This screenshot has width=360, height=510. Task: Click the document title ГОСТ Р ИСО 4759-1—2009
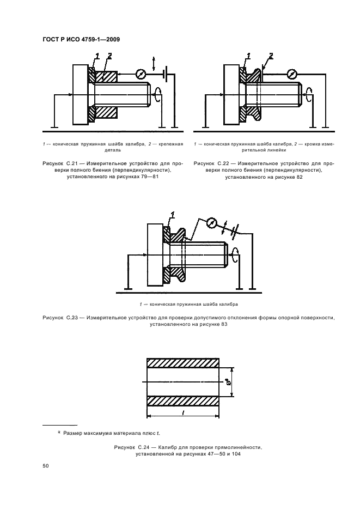81,39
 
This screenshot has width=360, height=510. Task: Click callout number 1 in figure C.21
97,55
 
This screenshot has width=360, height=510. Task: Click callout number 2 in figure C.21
109,55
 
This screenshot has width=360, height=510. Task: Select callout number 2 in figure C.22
271,55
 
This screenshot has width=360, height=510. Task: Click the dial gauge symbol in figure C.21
141,74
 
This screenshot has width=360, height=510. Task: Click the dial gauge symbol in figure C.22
292,74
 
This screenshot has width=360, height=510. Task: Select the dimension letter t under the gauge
183,414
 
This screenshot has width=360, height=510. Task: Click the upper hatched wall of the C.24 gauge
183,365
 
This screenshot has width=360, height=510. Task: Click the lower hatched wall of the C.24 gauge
183,400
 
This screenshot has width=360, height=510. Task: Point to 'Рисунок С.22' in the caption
211,163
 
